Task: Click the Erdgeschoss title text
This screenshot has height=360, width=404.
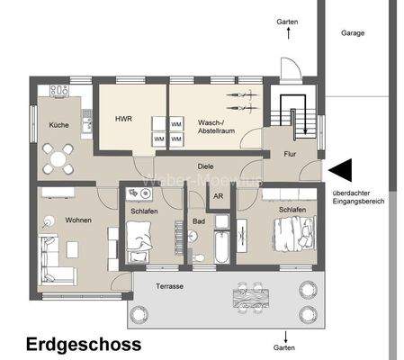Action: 83,343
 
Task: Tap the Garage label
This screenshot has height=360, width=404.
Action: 353,32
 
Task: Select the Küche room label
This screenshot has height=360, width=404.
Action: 58,126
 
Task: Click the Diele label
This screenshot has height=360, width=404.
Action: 205,166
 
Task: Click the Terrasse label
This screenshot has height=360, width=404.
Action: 168,285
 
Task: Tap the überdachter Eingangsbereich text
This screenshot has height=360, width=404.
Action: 358,197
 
